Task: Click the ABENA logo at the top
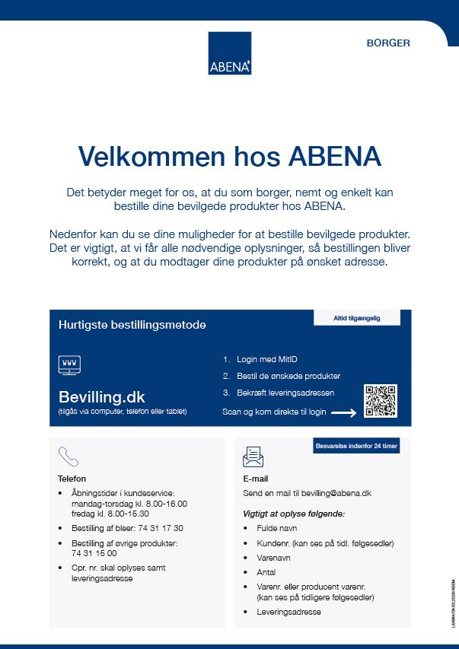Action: click(229, 53)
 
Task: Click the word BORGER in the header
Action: click(388, 43)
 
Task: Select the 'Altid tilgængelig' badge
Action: click(356, 318)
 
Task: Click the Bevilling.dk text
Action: click(101, 396)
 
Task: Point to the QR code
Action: click(381, 401)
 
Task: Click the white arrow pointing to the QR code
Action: click(343, 413)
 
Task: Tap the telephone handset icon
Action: click(69, 456)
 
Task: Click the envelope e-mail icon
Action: click(253, 457)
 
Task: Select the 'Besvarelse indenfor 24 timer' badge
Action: click(356, 447)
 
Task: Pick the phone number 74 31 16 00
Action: click(94, 553)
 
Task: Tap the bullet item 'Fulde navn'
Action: click(276, 528)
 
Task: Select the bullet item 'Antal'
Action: click(266, 572)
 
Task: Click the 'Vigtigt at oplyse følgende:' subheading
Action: click(294, 514)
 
